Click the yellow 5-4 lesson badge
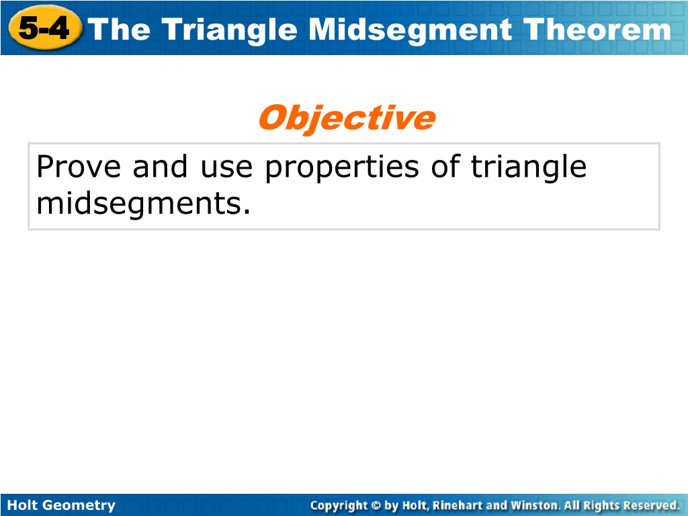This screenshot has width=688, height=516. click(45, 28)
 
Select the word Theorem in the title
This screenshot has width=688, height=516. click(597, 30)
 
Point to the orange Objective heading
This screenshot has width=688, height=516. click(347, 118)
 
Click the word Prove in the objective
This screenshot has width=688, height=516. click(79, 167)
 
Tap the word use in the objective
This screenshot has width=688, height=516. click(226, 169)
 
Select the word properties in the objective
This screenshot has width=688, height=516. click(342, 169)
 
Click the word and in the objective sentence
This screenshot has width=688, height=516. click(160, 167)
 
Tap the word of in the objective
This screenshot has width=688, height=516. click(445, 167)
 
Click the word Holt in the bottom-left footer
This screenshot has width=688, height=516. click(23, 505)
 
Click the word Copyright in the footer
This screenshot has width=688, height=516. click(339, 506)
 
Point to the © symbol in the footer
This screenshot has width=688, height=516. click(376, 505)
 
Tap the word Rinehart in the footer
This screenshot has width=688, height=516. click(457, 505)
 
